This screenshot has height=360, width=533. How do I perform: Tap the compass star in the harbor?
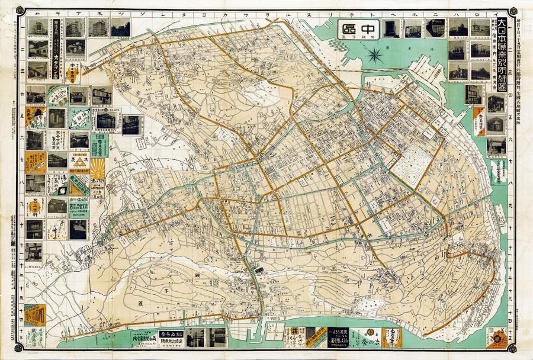pos(374,56)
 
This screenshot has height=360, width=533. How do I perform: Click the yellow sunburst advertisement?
pos(97,169)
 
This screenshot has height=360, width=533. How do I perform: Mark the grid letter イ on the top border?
pos(500,12)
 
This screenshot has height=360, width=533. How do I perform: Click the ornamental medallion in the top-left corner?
pos(20,11)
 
